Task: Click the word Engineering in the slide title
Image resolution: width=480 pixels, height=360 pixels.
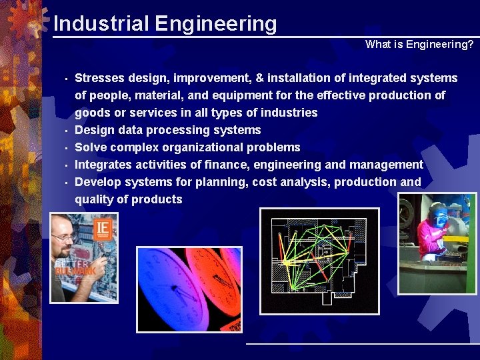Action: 215,23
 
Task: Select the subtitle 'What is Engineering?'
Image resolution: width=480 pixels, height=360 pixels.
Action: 419,45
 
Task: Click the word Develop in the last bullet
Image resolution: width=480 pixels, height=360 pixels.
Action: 98,182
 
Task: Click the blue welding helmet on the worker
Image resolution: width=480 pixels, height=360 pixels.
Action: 437,215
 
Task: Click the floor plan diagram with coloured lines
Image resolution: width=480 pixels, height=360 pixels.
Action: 319,261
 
